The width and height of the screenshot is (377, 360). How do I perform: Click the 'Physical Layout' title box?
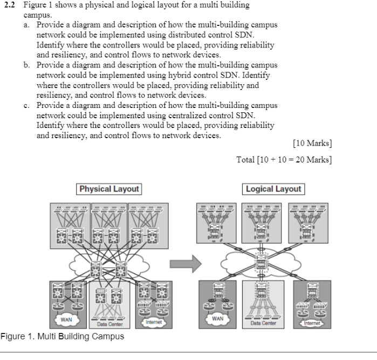point(109,189)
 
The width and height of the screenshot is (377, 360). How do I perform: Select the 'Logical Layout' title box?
point(273,189)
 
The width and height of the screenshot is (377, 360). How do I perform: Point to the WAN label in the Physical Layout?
point(66,319)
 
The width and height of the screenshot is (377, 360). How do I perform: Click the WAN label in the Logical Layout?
point(218,318)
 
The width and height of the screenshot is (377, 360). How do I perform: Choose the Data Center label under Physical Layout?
point(109,324)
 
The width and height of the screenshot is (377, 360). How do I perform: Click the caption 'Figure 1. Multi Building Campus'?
point(63,336)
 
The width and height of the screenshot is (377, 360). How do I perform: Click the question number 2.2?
point(10,5)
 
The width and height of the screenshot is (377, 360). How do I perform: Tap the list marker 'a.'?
point(28,25)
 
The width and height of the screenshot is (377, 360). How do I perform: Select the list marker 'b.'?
point(28,64)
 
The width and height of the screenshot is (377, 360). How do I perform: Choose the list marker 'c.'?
point(28,105)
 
